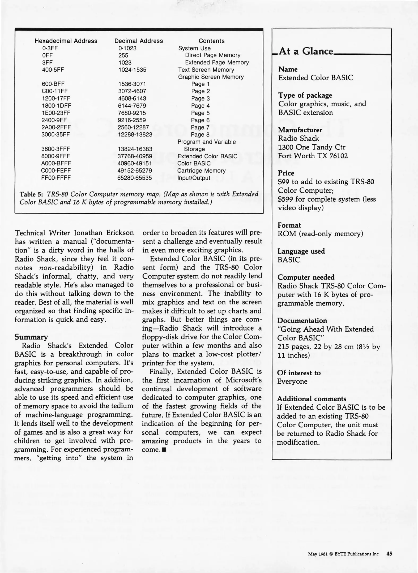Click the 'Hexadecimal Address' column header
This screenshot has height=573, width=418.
pyautogui.click(x=66, y=41)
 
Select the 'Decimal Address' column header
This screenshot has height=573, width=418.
pyautogui.click(x=138, y=41)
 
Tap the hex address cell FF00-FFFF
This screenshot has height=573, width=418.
pyautogui.click(x=56, y=178)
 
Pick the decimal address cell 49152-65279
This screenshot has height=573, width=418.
pyautogui.click(x=135, y=171)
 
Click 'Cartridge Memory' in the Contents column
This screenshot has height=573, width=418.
pyautogui.click(x=201, y=171)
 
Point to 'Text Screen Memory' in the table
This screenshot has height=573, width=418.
pyautogui.click(x=206, y=70)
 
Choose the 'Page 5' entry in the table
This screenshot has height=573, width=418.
pyautogui.click(x=200, y=113)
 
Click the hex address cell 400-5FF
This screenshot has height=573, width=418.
pyautogui.click(x=53, y=70)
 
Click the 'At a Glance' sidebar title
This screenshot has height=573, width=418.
pyautogui.click(x=305, y=51)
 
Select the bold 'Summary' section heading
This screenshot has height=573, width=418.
pyautogui.click(x=31, y=337)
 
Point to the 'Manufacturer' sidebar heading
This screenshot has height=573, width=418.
pyautogui.click(x=300, y=130)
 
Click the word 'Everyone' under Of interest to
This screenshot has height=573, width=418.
pyautogui.click(x=292, y=381)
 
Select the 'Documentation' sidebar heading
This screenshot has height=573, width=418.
pyautogui.click(x=302, y=321)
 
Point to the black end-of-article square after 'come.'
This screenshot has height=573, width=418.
pyautogui.click(x=164, y=450)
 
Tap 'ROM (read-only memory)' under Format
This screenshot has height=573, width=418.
pyautogui.click(x=320, y=234)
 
